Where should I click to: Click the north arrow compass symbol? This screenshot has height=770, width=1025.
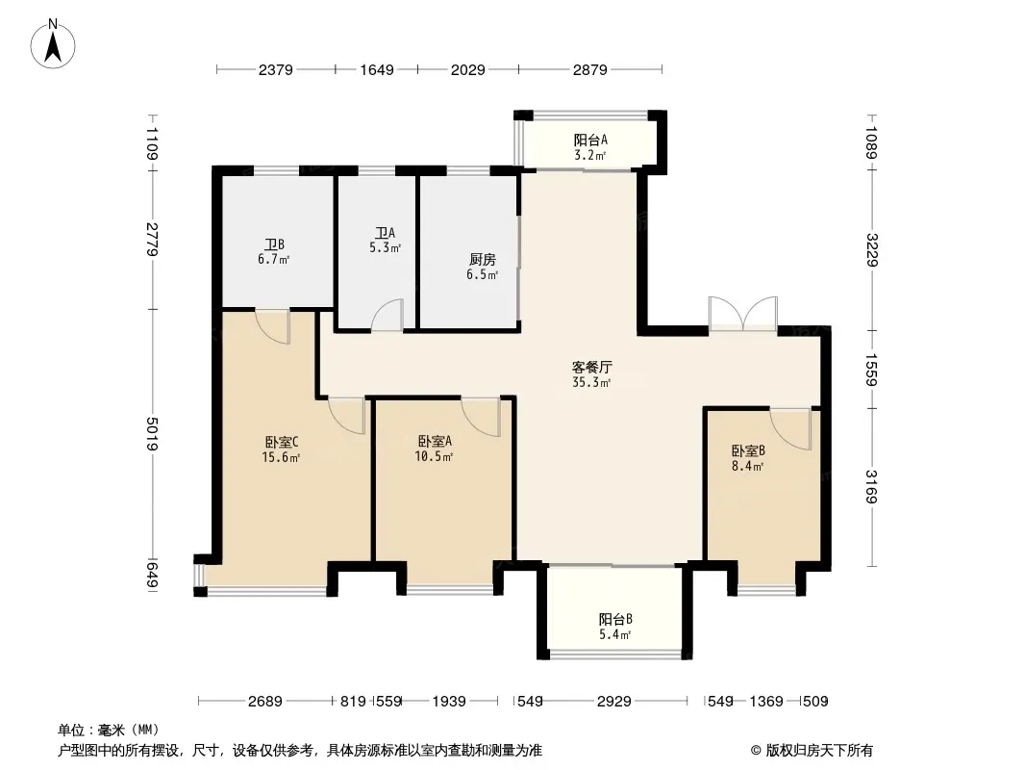[x=53, y=44]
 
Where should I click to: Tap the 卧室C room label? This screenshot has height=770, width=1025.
[x=282, y=442]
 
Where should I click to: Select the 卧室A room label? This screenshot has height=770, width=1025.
[x=435, y=441]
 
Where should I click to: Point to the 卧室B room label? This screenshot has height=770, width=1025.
[x=748, y=450]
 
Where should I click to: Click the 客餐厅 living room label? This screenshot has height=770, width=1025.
[x=591, y=367]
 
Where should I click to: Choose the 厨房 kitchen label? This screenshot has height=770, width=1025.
[x=483, y=259]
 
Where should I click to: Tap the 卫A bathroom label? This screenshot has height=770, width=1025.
[x=385, y=233]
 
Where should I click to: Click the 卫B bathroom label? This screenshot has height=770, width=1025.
[x=275, y=244]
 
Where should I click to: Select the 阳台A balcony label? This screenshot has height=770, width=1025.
[x=591, y=140]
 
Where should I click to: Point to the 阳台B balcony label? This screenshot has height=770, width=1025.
[x=615, y=619]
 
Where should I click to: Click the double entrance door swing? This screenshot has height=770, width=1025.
[x=743, y=314]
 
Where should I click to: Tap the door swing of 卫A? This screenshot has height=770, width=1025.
[x=387, y=315]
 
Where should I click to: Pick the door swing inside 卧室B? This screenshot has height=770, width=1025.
[x=790, y=429]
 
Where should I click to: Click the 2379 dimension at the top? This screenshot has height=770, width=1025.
[x=276, y=69]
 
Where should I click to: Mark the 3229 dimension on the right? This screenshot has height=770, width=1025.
[x=871, y=250]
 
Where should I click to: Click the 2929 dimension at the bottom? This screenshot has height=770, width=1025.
[x=614, y=702]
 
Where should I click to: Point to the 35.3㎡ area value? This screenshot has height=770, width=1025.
[x=591, y=383]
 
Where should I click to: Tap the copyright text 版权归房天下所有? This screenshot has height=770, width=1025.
[x=812, y=751]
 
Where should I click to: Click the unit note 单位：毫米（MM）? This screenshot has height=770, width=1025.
[x=109, y=730]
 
